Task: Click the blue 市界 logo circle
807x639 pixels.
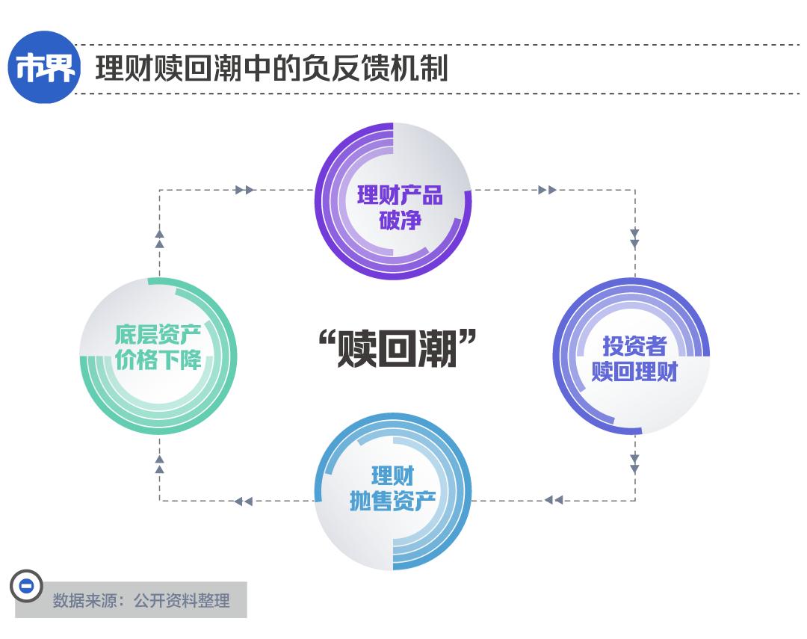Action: [x=44, y=68]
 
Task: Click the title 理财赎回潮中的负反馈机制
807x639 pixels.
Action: [x=271, y=69]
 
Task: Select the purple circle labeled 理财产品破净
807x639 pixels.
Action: [x=393, y=201]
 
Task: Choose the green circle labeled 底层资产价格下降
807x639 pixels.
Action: [x=158, y=356]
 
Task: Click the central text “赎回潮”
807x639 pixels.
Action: [x=397, y=348]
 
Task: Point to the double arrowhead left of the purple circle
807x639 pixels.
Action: [x=244, y=190]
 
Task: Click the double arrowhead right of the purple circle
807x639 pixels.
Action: [x=547, y=190]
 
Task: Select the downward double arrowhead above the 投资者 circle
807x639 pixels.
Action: [x=634, y=238]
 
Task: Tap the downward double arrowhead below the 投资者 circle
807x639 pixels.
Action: [x=634, y=464]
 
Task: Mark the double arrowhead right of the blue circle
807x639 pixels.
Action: [x=554, y=500]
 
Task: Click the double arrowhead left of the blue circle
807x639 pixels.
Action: [x=244, y=501]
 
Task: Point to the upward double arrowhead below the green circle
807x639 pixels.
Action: [x=159, y=463]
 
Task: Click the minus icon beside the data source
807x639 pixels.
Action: [x=26, y=586]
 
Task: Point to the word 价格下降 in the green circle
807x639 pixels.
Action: [x=158, y=362]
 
